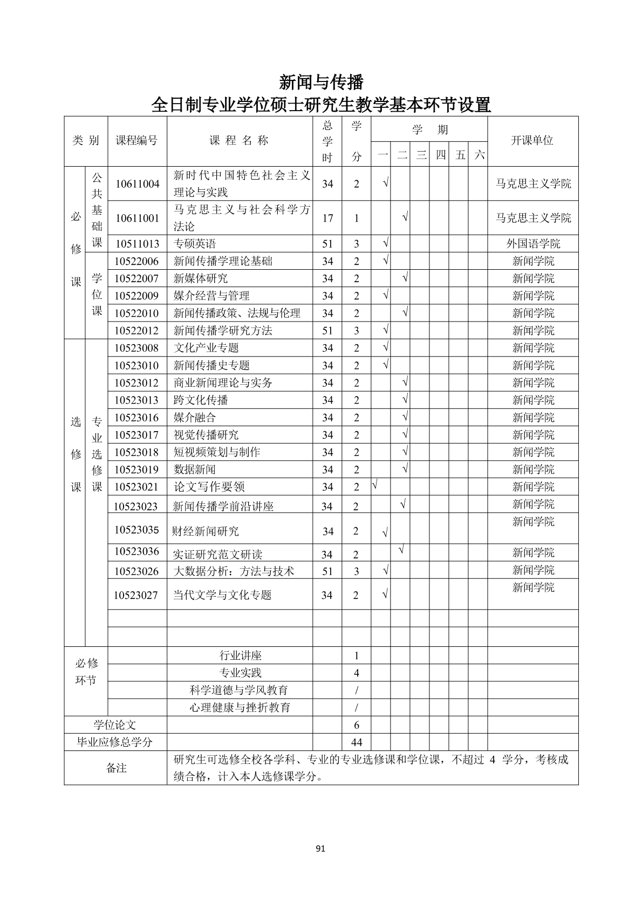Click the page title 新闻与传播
click(321, 82)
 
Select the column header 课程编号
click(137, 141)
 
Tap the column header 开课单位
click(532, 141)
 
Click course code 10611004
click(137, 184)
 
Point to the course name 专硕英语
click(195, 244)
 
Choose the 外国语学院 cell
click(532, 244)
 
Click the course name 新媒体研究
click(201, 278)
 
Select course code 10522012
click(137, 331)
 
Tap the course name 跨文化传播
click(201, 400)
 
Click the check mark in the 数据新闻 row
click(405, 468)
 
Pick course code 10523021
click(137, 487)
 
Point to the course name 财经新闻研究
click(205, 531)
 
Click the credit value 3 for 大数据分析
click(356, 571)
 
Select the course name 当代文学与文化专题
click(222, 595)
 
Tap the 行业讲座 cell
click(240, 656)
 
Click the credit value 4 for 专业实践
click(356, 673)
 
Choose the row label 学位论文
click(115, 725)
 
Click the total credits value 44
click(356, 742)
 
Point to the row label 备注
click(116, 768)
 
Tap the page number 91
click(320, 849)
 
